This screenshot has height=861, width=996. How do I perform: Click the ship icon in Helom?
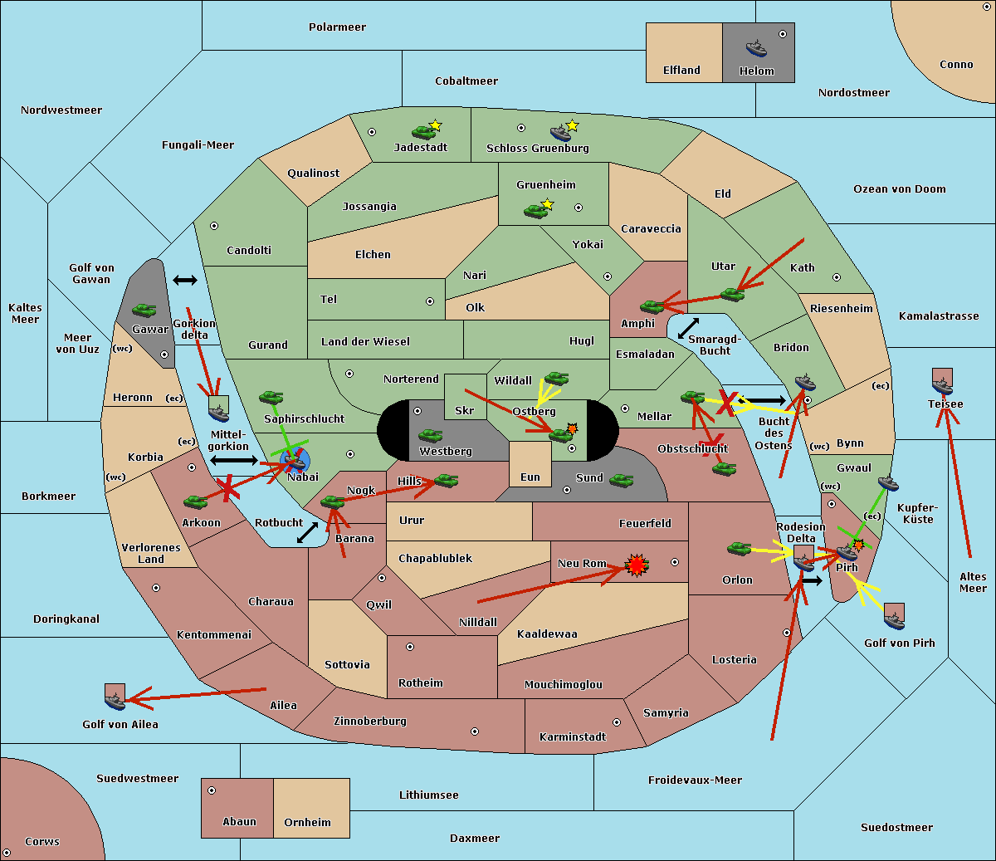click(755, 47)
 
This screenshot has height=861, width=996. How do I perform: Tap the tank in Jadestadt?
click(424, 131)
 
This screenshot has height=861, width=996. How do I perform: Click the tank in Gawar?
click(144, 310)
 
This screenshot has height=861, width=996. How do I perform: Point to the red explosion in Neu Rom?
click(637, 565)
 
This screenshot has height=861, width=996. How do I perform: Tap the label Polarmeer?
click(337, 27)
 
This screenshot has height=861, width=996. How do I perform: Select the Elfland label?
click(681, 71)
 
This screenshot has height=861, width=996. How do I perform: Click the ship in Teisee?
click(942, 384)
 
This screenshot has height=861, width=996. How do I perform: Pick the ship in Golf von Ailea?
click(115, 700)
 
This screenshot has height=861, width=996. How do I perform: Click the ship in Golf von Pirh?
click(894, 618)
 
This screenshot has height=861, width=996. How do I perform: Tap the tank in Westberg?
click(430, 435)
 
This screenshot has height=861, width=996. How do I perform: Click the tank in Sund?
click(621, 480)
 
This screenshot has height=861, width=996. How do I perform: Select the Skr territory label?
click(464, 410)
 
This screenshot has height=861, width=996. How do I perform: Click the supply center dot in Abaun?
click(212, 790)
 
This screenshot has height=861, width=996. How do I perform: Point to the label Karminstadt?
click(573, 737)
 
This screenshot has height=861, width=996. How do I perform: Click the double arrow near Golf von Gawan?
click(185, 280)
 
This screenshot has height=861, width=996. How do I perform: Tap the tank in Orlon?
click(739, 549)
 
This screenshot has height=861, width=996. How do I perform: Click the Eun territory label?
click(530, 477)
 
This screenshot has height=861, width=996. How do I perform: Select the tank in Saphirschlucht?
click(271, 398)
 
